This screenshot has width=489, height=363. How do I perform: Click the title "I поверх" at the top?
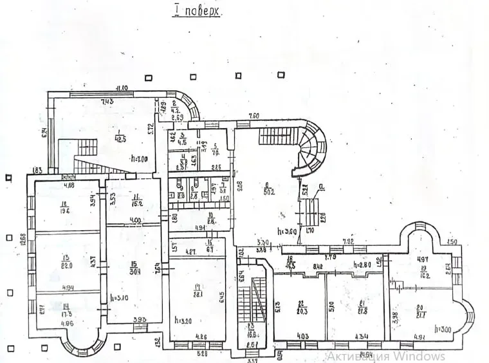198,11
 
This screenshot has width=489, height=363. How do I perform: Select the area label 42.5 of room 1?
120,137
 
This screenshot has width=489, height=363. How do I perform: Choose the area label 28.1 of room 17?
198,295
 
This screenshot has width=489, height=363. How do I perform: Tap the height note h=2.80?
365,265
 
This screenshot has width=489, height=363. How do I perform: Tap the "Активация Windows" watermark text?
385,356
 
